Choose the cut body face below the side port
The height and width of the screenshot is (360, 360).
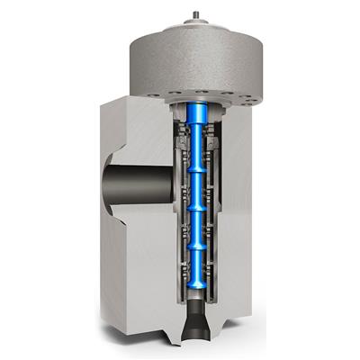135,270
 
